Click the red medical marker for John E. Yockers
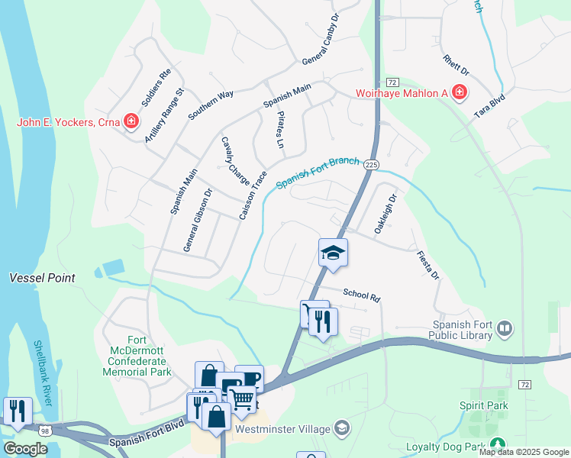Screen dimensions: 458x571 point(131,121)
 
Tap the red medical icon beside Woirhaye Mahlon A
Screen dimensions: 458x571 point(459,93)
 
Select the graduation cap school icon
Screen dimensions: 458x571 point(333,253)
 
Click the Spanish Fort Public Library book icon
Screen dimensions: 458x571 point(504,329)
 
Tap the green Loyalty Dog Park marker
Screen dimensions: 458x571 point(498,443)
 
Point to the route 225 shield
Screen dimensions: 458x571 point(371,164)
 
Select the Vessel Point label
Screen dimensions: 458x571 point(42,278)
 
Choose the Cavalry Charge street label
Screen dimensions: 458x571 point(235,161)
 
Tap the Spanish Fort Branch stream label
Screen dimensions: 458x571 point(318,173)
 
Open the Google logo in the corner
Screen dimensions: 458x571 point(25,448)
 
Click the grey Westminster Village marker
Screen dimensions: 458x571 point(343,427)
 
